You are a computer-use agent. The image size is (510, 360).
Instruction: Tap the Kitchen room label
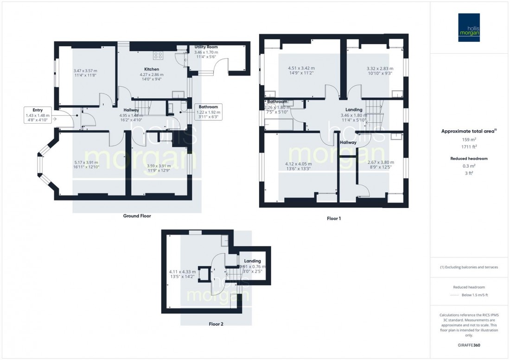pyautogui.click(x=152, y=69)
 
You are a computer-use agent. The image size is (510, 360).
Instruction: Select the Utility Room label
pyautogui.click(x=206, y=47)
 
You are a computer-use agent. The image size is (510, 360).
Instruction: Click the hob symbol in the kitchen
pyautogui.click(x=158, y=55)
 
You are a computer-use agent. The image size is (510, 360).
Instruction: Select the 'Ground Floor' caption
pyautogui.click(x=137, y=216)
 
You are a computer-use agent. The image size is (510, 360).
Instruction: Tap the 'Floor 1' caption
pyautogui.click(x=333, y=218)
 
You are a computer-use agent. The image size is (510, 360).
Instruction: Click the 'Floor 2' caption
pyautogui.click(x=216, y=324)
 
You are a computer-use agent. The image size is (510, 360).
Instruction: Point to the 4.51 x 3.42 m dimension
pyautogui.click(x=301, y=70)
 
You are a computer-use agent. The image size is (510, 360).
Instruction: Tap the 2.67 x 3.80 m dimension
pyautogui.click(x=380, y=165)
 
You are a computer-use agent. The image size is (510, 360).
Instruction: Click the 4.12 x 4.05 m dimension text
pyautogui.click(x=298, y=166)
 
